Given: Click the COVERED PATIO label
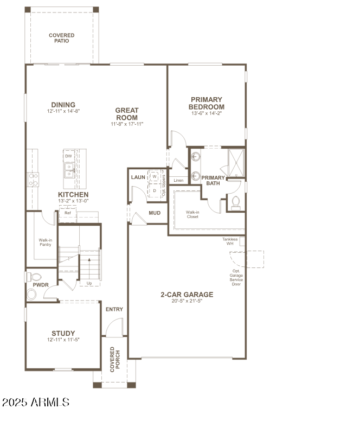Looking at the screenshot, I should pos(62,38).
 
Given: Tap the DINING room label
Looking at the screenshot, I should pos(63,105).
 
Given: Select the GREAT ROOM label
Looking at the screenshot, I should pos(126,114).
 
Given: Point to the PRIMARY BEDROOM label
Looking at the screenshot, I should pos(206,103).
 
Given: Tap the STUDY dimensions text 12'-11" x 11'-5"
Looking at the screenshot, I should pos(63,340).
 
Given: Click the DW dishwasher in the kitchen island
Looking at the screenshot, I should pos(68,156).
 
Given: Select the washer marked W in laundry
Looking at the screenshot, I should pos(155,177).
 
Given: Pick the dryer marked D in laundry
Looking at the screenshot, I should pos(155,190).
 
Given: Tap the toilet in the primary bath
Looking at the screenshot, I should pos(236,202).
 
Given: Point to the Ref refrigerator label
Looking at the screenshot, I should pos(67,213).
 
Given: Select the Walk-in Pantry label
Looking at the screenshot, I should pos(45,241).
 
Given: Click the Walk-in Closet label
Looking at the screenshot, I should pos(192,214).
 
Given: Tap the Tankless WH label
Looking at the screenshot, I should pos(230,241).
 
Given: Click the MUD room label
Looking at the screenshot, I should pos(155,213).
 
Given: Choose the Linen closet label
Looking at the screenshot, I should pos(178,180).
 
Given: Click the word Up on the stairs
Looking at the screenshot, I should pos(89,283).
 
